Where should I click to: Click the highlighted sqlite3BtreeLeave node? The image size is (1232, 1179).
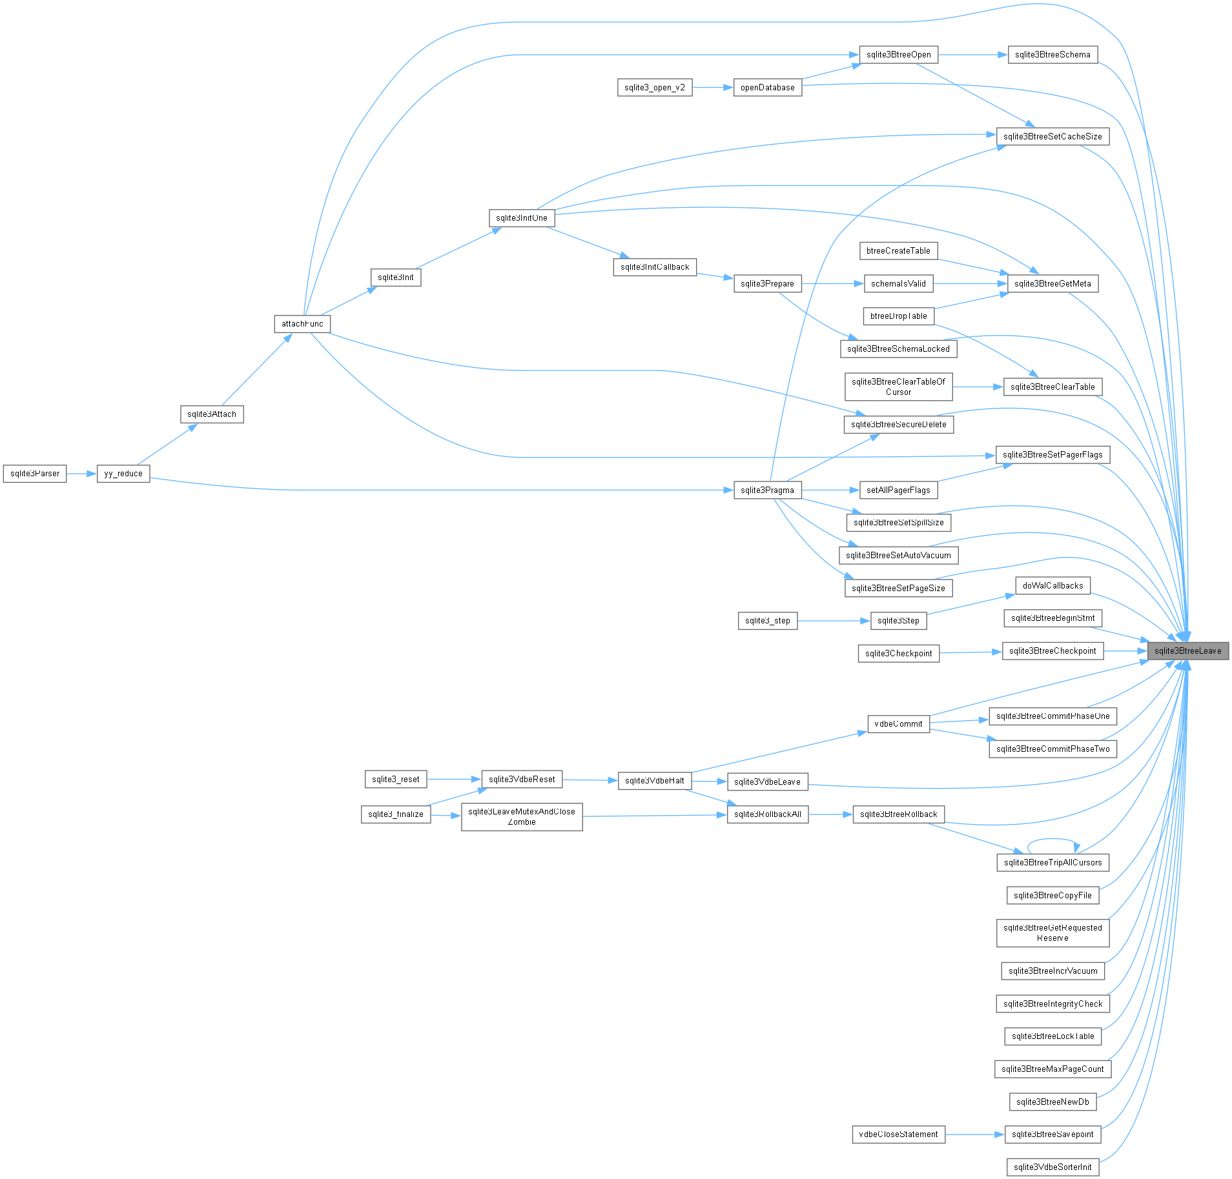(1187, 650)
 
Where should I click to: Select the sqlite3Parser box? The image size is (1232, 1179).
(35, 474)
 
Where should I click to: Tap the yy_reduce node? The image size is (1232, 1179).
(123, 474)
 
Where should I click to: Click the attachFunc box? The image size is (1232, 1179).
(302, 324)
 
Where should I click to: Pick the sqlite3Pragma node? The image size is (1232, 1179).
(768, 490)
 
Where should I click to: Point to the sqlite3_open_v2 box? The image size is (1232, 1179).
(655, 88)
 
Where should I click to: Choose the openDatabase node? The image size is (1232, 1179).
(768, 88)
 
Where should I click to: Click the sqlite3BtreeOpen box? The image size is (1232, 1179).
(899, 55)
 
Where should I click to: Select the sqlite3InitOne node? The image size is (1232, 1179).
(522, 218)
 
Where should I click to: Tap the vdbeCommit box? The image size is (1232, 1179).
(899, 724)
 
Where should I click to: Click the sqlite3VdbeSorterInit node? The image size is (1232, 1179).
(1052, 1167)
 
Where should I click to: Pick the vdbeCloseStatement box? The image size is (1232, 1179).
(899, 1134)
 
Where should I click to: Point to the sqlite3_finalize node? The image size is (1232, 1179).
(396, 814)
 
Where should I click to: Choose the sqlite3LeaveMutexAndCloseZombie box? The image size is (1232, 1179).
(522, 817)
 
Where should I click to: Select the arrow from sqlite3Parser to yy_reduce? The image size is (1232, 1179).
(81, 474)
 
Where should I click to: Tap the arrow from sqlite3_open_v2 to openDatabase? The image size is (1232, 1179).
(713, 88)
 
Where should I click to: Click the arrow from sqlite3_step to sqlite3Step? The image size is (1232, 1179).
(834, 621)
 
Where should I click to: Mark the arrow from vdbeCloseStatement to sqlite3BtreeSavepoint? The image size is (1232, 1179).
(975, 1134)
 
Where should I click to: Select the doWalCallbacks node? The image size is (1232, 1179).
(1053, 586)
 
